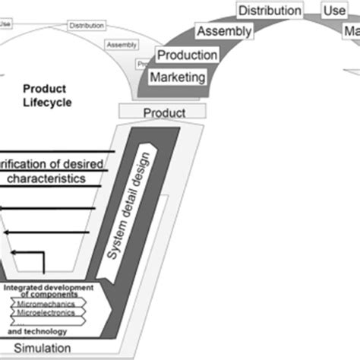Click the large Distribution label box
click(270, 11)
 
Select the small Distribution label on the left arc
click(87, 25)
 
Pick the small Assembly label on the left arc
click(122, 45)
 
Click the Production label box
click(188, 55)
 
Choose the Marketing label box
click(178, 77)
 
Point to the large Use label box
click(333, 11)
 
